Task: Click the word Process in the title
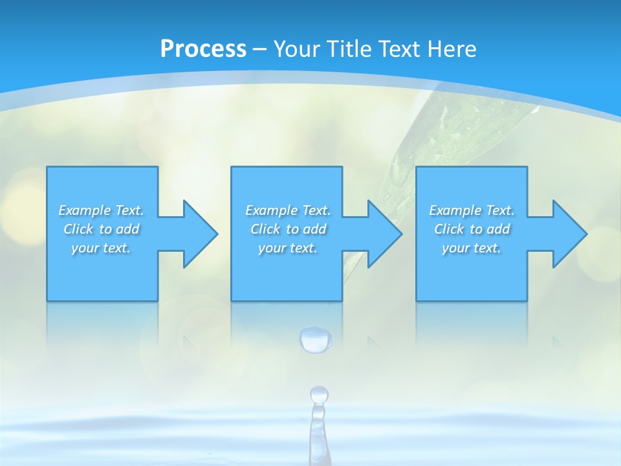(x=203, y=49)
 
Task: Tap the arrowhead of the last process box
(x=569, y=234)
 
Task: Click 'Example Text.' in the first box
(x=101, y=210)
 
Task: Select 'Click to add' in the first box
(x=101, y=229)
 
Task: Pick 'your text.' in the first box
(x=101, y=248)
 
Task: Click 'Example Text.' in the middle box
(x=287, y=210)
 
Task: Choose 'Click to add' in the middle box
(x=287, y=229)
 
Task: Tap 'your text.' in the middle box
(x=287, y=248)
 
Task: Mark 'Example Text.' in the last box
(x=471, y=210)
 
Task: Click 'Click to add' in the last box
(x=472, y=229)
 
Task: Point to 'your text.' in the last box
(x=471, y=248)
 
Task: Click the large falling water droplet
(x=316, y=340)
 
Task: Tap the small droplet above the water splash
(x=319, y=394)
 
